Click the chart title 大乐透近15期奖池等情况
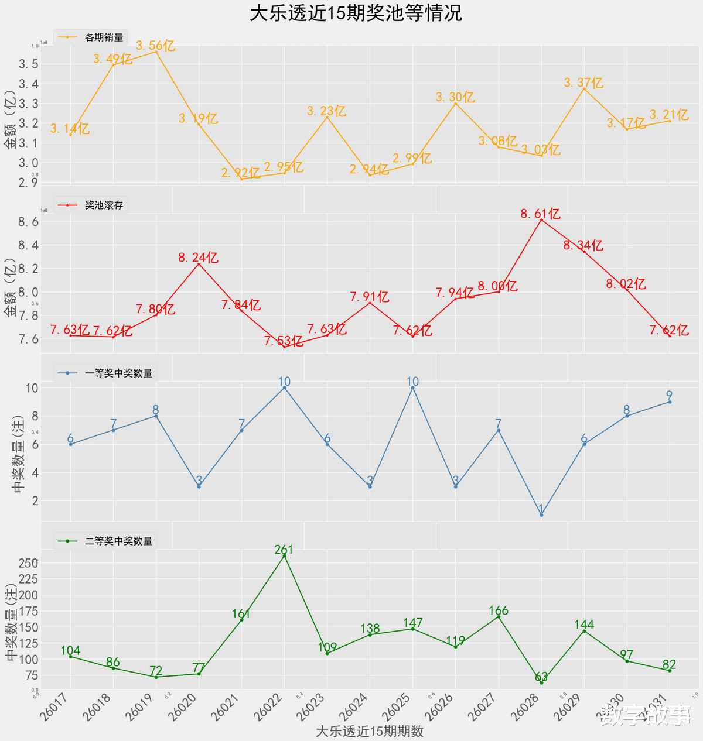tap(356, 13)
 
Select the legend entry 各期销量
tap(104, 37)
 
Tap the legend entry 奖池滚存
tap(104, 205)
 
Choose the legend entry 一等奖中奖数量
tap(118, 373)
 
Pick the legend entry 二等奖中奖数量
tap(118, 541)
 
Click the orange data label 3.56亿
tap(156, 46)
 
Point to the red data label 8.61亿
tap(541, 214)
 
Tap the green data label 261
tap(284, 550)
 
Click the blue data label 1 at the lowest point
tap(541, 509)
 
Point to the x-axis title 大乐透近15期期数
tap(369, 731)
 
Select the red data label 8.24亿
tap(199, 258)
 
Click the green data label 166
tap(499, 610)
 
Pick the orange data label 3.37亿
tap(583, 83)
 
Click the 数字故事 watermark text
tap(646, 715)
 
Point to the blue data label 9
tap(669, 395)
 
